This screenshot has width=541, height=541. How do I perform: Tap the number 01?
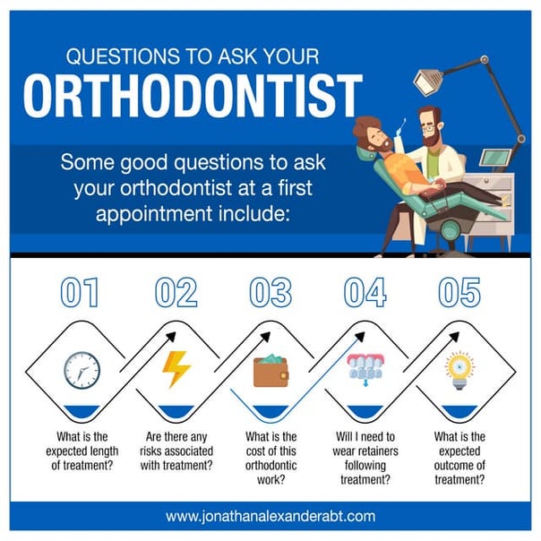(x=79, y=293)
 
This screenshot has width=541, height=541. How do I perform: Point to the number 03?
(x=270, y=293)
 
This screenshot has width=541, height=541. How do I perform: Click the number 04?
(x=365, y=293)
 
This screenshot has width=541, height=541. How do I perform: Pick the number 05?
(x=459, y=293)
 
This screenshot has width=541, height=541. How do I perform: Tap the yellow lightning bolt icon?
(x=176, y=369)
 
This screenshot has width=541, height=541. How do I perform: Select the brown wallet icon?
(x=270, y=371)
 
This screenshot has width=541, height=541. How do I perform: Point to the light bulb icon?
(x=459, y=369)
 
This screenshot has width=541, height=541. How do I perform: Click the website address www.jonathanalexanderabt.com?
(x=270, y=517)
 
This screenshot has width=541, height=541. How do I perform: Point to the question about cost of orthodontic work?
(x=270, y=454)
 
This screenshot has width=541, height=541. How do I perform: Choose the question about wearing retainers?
(x=365, y=454)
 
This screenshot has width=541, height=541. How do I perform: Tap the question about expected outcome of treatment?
(x=459, y=454)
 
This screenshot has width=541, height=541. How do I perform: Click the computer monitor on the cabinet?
(x=498, y=159)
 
